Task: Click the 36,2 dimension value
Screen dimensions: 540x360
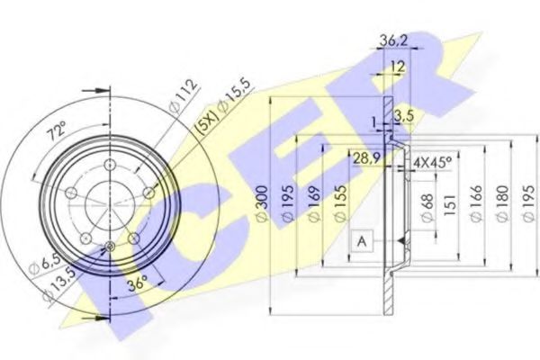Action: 393,41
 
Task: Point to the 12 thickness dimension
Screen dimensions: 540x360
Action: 398,67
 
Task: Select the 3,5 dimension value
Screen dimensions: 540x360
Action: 403,116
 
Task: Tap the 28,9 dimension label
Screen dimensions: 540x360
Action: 367,158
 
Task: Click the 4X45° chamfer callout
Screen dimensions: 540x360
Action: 432,162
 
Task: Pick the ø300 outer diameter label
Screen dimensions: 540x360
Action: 263,204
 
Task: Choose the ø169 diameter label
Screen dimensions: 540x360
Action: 313,204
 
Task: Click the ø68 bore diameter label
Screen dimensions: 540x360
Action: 427,208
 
